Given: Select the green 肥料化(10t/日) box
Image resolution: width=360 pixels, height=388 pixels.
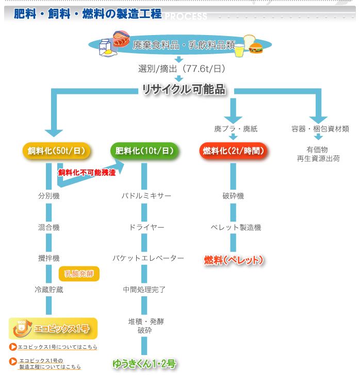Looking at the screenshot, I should point(144,151).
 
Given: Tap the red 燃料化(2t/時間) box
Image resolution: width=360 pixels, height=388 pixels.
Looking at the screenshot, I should point(233,151).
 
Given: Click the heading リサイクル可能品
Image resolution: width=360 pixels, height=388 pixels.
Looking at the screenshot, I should point(184,90).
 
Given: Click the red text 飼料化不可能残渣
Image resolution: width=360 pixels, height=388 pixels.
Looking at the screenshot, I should point(87,172).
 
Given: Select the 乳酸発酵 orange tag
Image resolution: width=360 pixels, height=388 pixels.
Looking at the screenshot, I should point(79,273).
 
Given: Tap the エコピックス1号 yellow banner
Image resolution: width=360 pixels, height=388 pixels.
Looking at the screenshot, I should point(53,328).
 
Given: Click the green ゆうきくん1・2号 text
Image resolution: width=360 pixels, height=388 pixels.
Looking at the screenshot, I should point(144,364).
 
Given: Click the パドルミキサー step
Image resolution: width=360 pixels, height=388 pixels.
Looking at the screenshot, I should point(146,196).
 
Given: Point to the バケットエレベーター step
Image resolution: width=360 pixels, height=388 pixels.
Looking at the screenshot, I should point(148,258).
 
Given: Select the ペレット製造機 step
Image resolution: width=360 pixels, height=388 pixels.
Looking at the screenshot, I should point(236,227).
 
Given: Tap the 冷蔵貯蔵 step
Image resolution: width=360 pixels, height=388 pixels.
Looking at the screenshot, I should point(48,290).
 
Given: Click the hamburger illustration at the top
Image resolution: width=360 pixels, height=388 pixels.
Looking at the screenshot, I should point(256,47).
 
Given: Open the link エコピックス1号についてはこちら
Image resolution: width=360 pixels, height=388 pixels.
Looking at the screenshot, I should point(57,347).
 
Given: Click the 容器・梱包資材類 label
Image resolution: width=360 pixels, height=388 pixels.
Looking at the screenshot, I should point(320,129).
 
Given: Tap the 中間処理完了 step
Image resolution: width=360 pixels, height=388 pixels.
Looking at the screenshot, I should point(144,289).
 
